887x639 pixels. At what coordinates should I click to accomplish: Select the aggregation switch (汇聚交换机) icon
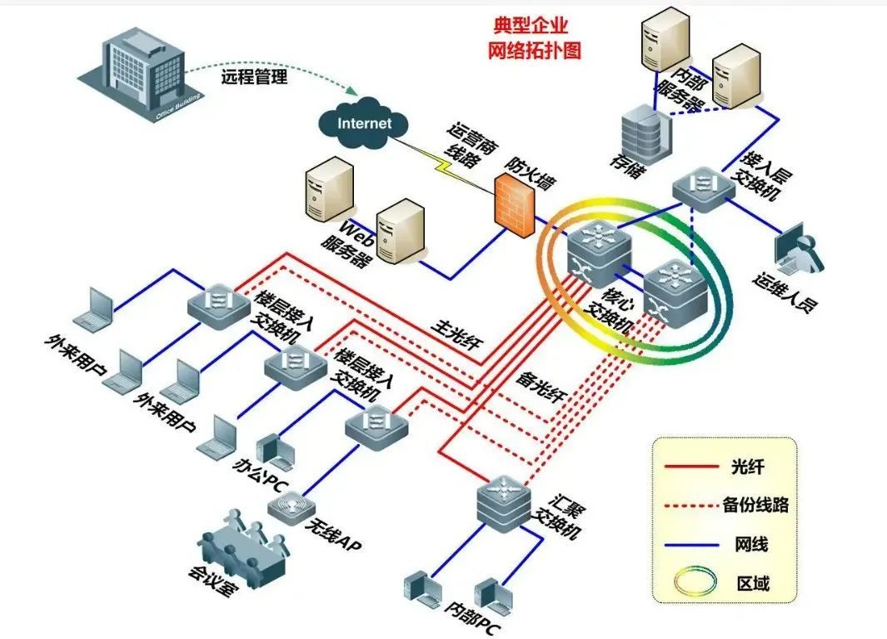pos(504,497)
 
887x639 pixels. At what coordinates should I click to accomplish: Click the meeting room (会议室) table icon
pos(244,546)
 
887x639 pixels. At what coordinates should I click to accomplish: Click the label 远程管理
pos(254,78)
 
